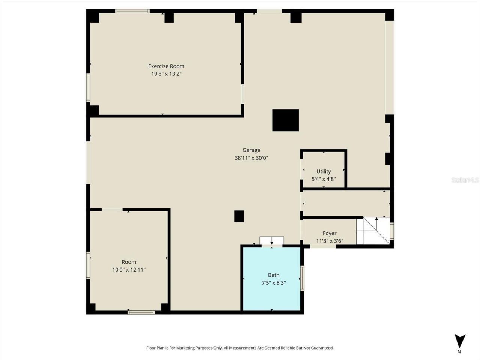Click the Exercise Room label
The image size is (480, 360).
(x=166, y=66)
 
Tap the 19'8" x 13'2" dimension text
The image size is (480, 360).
(x=166, y=74)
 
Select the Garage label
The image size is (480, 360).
(x=251, y=150)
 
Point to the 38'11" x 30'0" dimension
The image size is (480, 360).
(x=251, y=158)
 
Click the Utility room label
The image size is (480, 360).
(x=324, y=172)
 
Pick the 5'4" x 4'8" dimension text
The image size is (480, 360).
(x=324, y=179)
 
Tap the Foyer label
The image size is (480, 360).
(x=330, y=233)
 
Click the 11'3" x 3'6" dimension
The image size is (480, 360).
(x=330, y=241)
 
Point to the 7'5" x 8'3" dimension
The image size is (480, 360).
(x=274, y=283)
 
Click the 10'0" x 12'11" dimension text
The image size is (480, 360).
(x=129, y=270)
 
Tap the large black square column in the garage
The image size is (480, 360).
(x=285, y=120)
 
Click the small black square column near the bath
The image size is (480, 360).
(x=239, y=216)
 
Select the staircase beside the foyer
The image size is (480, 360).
(x=373, y=230)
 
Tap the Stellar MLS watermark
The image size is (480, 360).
(x=465, y=180)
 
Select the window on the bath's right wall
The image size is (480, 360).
(x=302, y=278)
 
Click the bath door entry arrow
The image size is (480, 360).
(x=272, y=243)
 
